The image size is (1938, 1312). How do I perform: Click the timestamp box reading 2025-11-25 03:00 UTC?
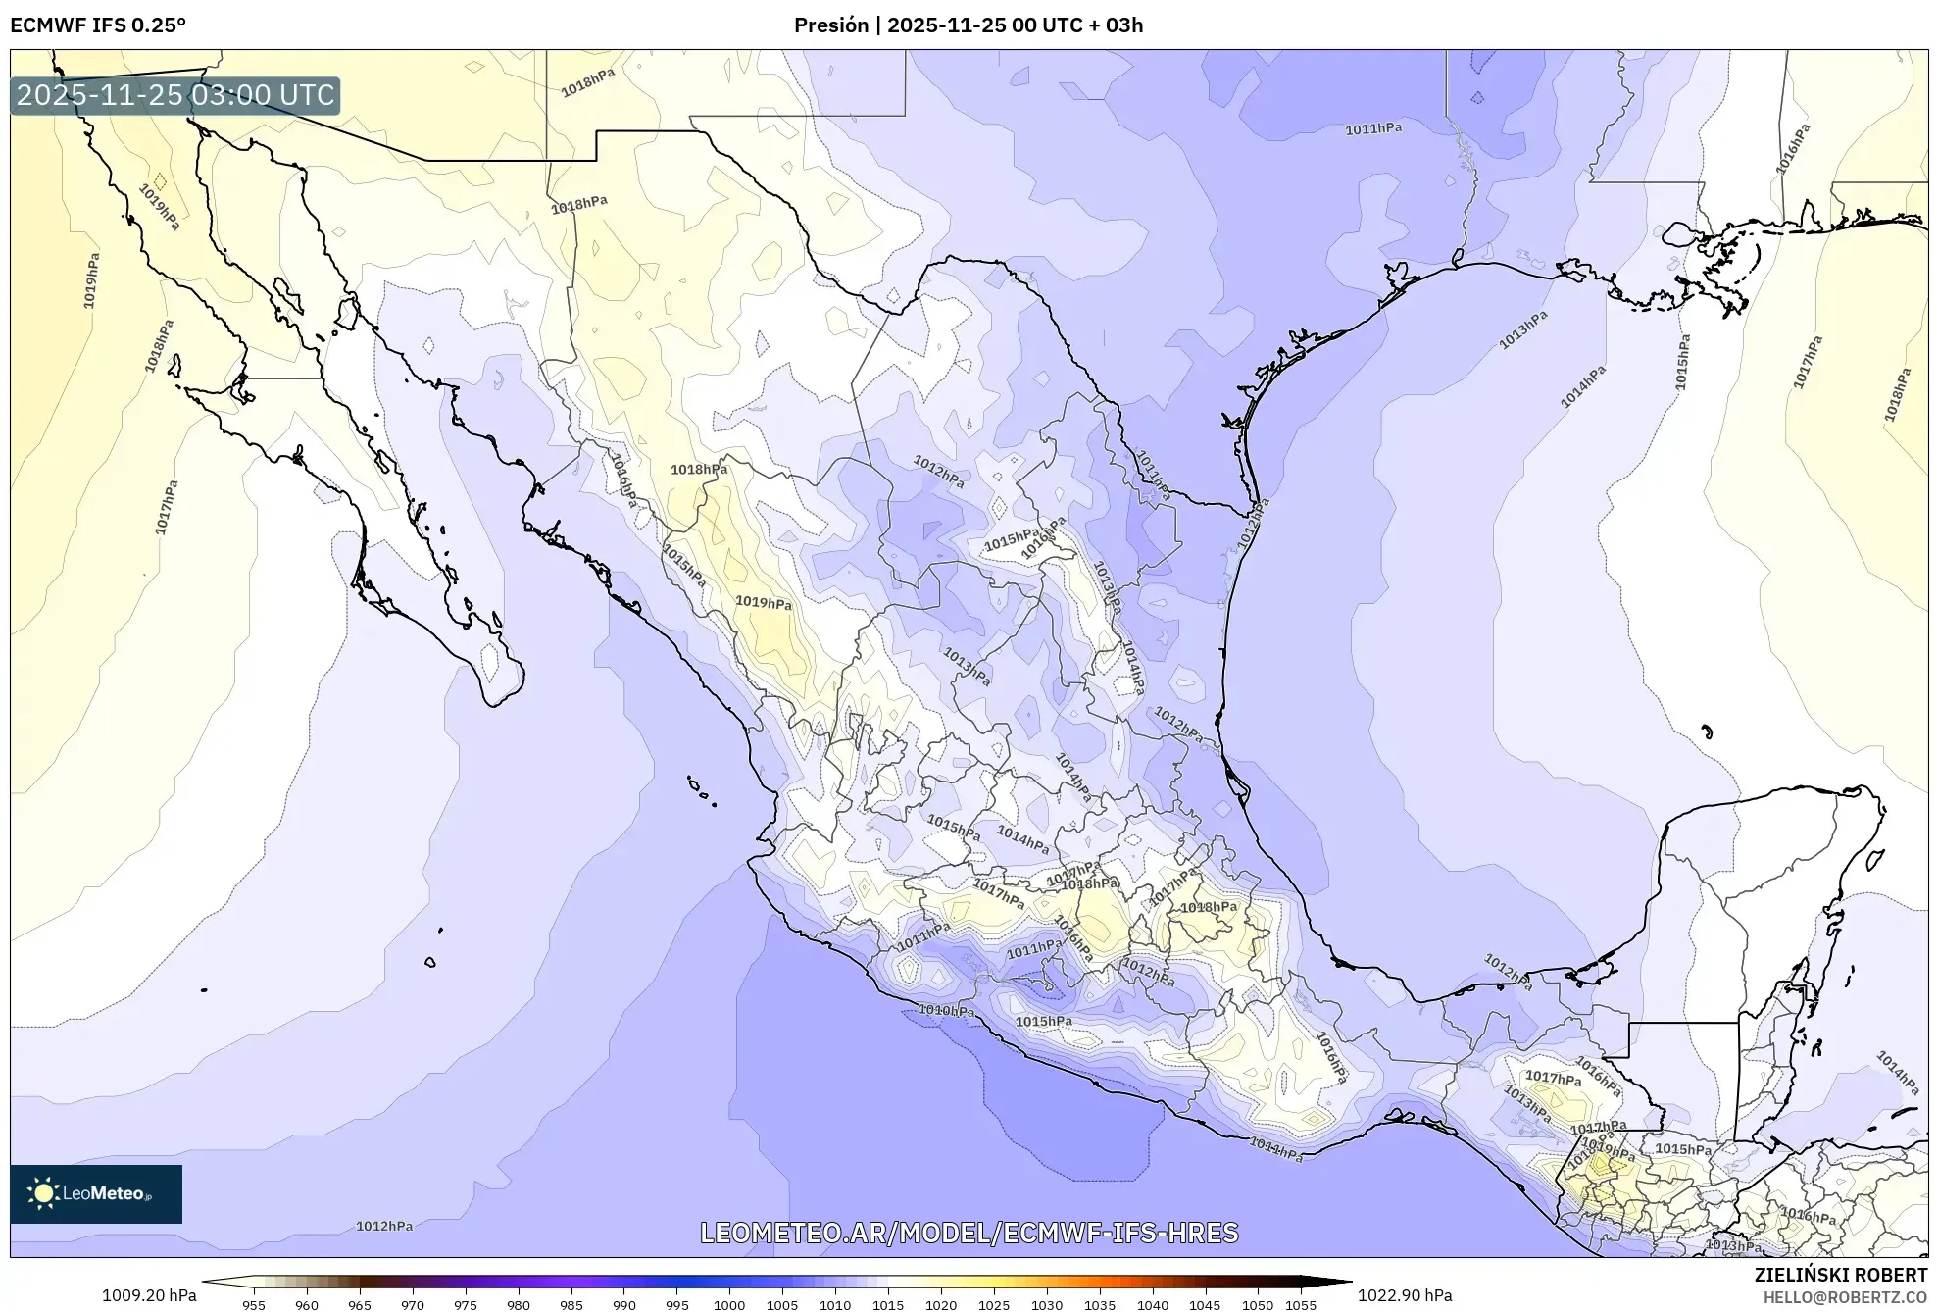point(175,95)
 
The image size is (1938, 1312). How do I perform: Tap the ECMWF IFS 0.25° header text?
point(98,25)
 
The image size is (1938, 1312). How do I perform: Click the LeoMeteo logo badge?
point(96,1193)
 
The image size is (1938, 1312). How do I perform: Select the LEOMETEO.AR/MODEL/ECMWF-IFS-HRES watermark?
point(969,1233)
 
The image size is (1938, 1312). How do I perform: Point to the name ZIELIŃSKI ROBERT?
point(1840,1276)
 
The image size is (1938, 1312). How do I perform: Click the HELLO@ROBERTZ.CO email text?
point(1845,1297)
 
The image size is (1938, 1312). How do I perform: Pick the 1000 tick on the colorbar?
point(729,1304)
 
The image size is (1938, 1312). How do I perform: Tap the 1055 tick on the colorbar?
point(1300,1304)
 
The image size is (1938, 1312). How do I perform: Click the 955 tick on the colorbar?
point(254,1304)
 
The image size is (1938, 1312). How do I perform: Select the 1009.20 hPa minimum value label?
point(149,1295)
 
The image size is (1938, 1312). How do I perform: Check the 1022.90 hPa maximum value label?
point(1405,1295)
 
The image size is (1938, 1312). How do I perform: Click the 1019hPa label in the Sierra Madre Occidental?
point(763,603)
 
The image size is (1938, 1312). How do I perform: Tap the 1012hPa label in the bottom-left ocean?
point(383,1226)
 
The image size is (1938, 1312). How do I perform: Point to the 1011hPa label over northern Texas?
point(1372,128)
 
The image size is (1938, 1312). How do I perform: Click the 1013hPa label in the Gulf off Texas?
point(1522,329)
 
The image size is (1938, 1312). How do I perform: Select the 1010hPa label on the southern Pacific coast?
point(946,1010)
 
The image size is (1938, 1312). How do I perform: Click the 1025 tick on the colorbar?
point(994,1304)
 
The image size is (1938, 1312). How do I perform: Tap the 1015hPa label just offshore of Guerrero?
point(1043,1022)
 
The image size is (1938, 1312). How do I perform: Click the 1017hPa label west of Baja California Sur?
point(167,507)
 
